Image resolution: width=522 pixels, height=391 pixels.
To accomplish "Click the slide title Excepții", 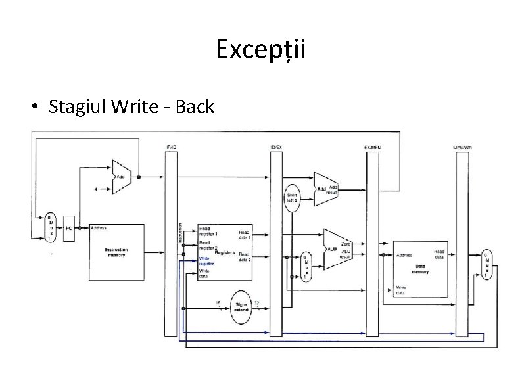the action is tap(261, 50).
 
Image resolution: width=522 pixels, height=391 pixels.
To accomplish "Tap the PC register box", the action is tap(68, 228).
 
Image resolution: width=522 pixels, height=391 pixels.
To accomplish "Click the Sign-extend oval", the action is tap(240, 306).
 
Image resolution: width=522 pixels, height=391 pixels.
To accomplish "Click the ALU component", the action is tap(335, 249).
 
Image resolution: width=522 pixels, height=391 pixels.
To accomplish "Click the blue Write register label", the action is tap(206, 261).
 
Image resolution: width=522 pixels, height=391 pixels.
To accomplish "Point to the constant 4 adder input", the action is tap(97, 189).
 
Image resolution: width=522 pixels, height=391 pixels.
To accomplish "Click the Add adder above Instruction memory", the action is tap(122, 177).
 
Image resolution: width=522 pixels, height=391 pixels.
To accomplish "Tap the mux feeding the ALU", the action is tap(304, 267).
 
